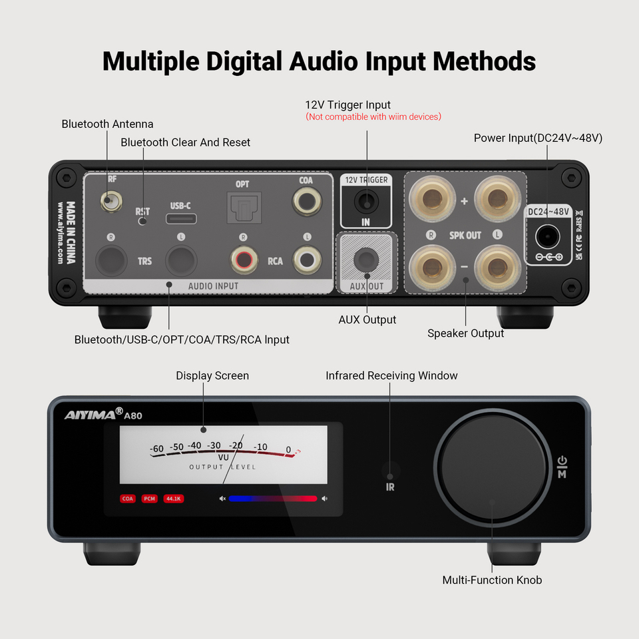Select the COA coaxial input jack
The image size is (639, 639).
point(306,200)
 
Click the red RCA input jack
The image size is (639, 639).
point(242,260)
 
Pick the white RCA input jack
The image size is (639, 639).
point(306,260)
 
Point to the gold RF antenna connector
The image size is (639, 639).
point(108,199)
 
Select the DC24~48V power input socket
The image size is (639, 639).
point(548,236)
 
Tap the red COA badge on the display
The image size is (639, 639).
point(128,498)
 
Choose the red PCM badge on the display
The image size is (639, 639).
point(150,498)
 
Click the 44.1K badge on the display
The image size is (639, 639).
point(174,498)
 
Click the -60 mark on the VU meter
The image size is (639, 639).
point(157,449)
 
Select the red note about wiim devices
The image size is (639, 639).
point(373,117)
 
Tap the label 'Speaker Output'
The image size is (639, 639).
point(465,333)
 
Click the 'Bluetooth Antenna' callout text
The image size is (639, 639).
point(107,124)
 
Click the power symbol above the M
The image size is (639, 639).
point(562,461)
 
